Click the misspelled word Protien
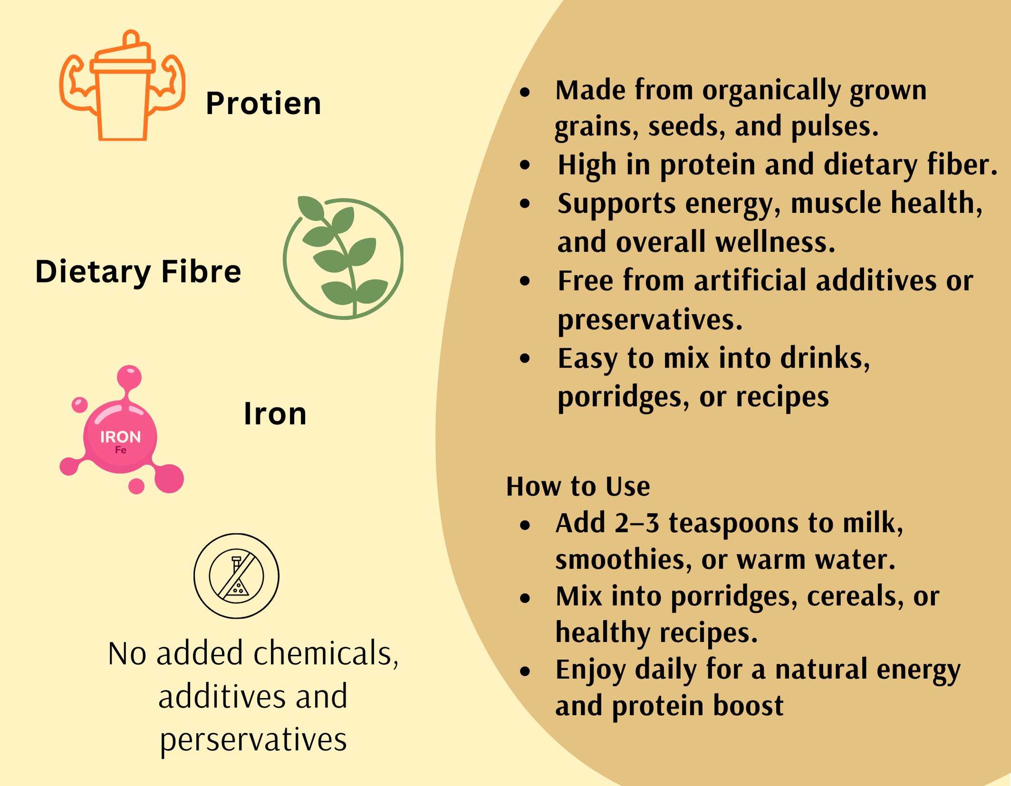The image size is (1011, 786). click(x=263, y=103)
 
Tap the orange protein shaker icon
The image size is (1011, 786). click(x=122, y=86)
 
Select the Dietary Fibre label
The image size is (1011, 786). click(x=138, y=272)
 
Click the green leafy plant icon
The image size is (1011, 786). click(x=343, y=257)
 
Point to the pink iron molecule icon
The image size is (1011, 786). click(x=121, y=430)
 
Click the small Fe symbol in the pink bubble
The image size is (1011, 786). click(x=121, y=450)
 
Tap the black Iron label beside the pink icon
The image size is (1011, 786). click(x=275, y=414)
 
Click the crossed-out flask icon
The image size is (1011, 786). click(x=236, y=576)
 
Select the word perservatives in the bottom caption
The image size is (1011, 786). click(x=253, y=740)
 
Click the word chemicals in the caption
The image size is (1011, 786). click(x=326, y=653)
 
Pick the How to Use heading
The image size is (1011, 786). click(x=578, y=486)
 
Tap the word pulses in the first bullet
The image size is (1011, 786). click(x=835, y=127)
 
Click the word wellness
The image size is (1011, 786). click(x=775, y=242)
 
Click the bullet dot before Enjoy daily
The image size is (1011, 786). click(x=525, y=671)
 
